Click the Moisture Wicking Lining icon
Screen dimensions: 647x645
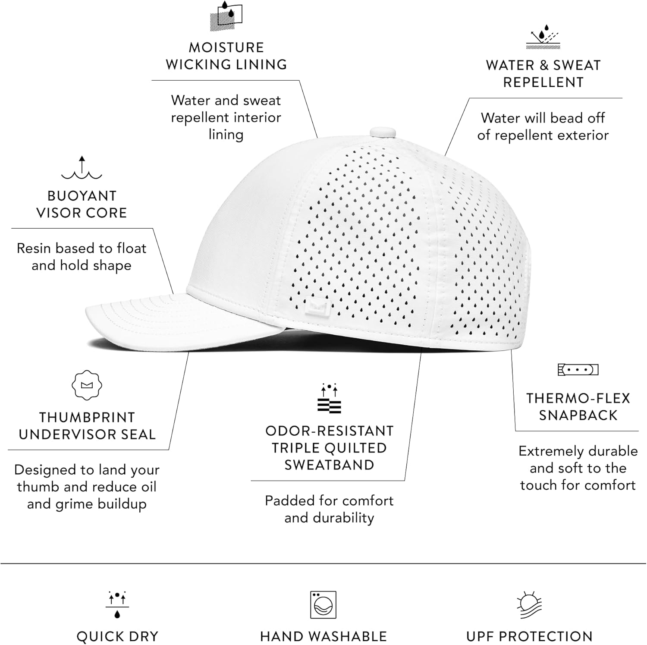pyautogui.click(x=226, y=16)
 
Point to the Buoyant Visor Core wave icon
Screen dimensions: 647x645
pyautogui.click(x=82, y=168)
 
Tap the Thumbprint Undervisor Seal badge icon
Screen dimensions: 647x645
pyautogui.click(x=87, y=385)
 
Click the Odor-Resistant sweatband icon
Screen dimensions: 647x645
pyautogui.click(x=329, y=398)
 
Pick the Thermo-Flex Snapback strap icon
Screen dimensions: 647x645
pyautogui.click(x=578, y=370)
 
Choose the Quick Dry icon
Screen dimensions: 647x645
pyautogui.click(x=117, y=604)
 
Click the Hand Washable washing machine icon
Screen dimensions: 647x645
pyautogui.click(x=323, y=605)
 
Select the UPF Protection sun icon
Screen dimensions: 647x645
pyautogui.click(x=529, y=605)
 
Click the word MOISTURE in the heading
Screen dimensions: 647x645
pyautogui.click(x=226, y=47)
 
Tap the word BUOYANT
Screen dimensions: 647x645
pyautogui.click(x=82, y=196)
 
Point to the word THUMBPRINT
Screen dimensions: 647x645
pyautogui.click(x=87, y=418)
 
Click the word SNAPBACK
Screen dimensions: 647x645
pyautogui.click(x=578, y=415)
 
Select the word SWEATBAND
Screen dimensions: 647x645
pyautogui.click(x=329, y=465)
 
